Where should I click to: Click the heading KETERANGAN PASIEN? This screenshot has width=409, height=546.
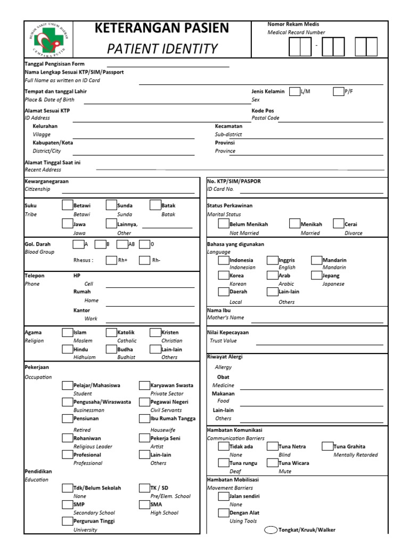[x=162, y=28]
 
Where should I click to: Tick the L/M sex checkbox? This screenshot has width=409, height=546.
[x=294, y=92]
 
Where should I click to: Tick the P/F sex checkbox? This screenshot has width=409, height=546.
[x=338, y=92]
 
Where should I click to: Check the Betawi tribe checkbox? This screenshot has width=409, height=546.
[x=67, y=205]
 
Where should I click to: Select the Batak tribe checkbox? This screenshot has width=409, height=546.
[x=154, y=205]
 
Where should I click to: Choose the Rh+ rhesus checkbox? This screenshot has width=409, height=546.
[x=110, y=260]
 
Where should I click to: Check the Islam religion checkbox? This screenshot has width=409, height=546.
[x=67, y=332]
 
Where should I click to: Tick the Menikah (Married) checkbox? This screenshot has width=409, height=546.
[x=295, y=224]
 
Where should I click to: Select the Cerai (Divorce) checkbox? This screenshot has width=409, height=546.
[x=339, y=224]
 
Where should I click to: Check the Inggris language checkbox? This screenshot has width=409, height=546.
[x=273, y=260]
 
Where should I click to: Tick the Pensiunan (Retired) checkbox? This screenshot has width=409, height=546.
[x=67, y=419]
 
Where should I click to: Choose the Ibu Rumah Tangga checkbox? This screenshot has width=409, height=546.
[x=144, y=419]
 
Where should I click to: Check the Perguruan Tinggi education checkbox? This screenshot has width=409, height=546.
[x=67, y=521]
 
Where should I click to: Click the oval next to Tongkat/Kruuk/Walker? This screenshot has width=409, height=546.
[x=271, y=530]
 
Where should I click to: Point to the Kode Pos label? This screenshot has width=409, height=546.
[x=263, y=110]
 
